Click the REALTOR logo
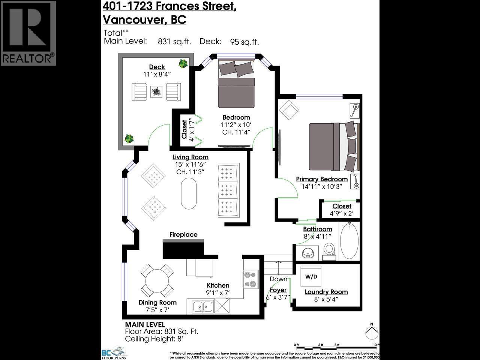(28, 33)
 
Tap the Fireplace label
(183, 235)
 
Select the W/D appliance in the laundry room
(311, 277)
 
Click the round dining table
(157, 281)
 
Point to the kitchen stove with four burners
(250, 279)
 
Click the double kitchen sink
(203, 307)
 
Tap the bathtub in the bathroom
(349, 240)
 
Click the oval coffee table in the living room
(188, 193)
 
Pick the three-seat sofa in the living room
(228, 190)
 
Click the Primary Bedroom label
(322, 179)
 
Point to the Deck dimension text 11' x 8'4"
(157, 74)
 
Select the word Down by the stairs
(278, 279)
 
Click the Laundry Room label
(326, 292)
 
